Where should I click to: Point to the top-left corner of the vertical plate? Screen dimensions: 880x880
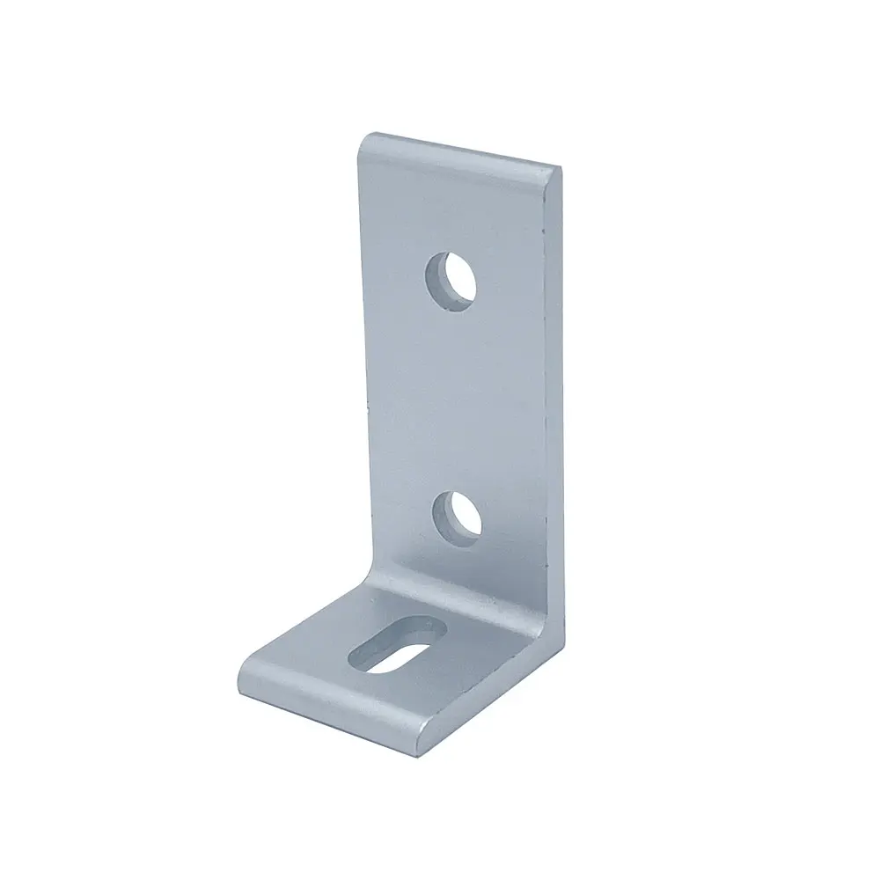click(362, 138)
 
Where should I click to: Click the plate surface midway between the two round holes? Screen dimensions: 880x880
click(456, 396)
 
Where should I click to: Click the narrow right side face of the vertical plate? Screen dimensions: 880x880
click(552, 396)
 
